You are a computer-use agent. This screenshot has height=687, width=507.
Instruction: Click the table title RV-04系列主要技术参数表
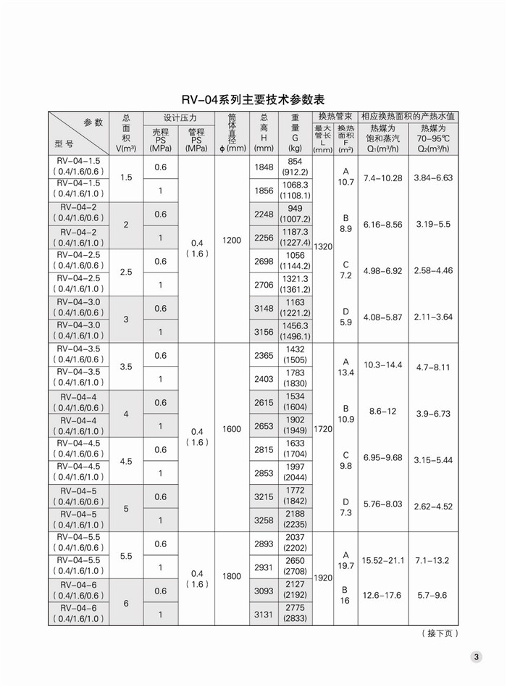pos(253,99)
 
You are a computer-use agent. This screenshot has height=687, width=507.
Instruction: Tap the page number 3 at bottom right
pos(477,657)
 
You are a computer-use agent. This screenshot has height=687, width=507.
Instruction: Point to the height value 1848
pos(264,167)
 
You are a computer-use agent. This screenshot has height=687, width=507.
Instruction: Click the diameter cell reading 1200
pos(232,240)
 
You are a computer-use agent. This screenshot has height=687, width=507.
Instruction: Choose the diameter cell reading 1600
pos(232,429)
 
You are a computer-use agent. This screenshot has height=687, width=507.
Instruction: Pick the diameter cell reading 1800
pos(232,576)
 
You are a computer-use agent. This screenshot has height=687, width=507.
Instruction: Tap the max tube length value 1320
pos(323,246)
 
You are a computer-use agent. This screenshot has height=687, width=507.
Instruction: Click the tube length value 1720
pos(323,429)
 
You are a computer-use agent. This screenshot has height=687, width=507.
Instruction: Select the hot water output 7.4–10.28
pos(382,178)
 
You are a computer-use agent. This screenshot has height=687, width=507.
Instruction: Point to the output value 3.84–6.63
pos(432,178)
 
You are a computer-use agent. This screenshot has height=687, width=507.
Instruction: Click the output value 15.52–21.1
pos(382,560)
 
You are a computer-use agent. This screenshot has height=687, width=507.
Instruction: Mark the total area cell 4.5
pos(126,461)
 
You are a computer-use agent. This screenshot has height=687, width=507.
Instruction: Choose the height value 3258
pos(264,520)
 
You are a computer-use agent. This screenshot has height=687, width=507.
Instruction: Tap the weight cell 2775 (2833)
pos(295,613)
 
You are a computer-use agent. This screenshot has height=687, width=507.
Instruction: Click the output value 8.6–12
pos(382,411)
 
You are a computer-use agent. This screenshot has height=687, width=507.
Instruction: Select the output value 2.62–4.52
pos(432,506)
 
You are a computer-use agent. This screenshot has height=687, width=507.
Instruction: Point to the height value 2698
pos(264,261)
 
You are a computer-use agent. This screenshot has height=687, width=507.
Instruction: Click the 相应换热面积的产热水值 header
pos(408,116)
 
